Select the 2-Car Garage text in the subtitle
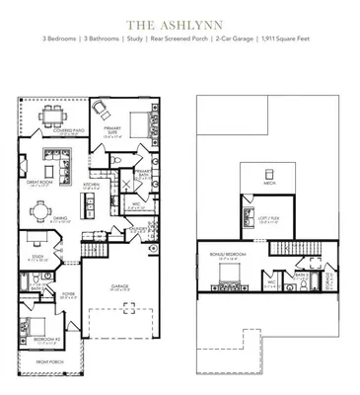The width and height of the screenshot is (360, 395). coord(234,39)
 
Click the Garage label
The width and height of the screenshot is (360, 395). coord(119,288)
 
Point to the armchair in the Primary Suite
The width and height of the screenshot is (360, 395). coord(102,107)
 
